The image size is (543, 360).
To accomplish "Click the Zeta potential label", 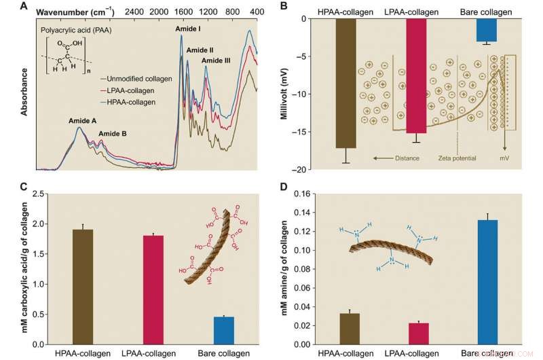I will coord(458,158).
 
